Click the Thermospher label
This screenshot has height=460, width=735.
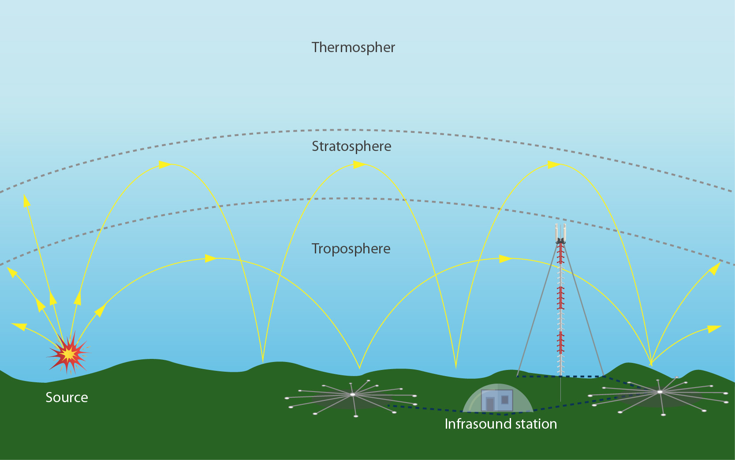point(353,47)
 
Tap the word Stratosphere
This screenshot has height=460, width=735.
point(351,146)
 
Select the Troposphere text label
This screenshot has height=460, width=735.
point(351,249)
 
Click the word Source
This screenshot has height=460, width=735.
point(67,397)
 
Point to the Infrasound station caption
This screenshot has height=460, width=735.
point(500,424)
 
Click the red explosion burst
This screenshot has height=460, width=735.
point(68,354)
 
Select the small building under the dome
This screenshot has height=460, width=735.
point(497,400)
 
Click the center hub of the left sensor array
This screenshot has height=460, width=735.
point(352,394)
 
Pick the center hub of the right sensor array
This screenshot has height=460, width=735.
point(660,392)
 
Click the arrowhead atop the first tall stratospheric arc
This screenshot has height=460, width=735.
point(164,165)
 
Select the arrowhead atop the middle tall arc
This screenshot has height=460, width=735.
point(359,165)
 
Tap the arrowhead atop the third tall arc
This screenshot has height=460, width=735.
point(554,165)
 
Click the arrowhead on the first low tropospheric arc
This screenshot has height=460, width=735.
point(211,258)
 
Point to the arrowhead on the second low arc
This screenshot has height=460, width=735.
point(505,259)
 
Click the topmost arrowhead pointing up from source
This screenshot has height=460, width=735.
point(26,200)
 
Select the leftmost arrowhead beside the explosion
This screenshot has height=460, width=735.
point(18,326)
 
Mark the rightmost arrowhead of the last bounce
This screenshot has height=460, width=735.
point(714,328)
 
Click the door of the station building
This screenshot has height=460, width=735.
point(490,404)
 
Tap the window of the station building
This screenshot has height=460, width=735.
point(505,400)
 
